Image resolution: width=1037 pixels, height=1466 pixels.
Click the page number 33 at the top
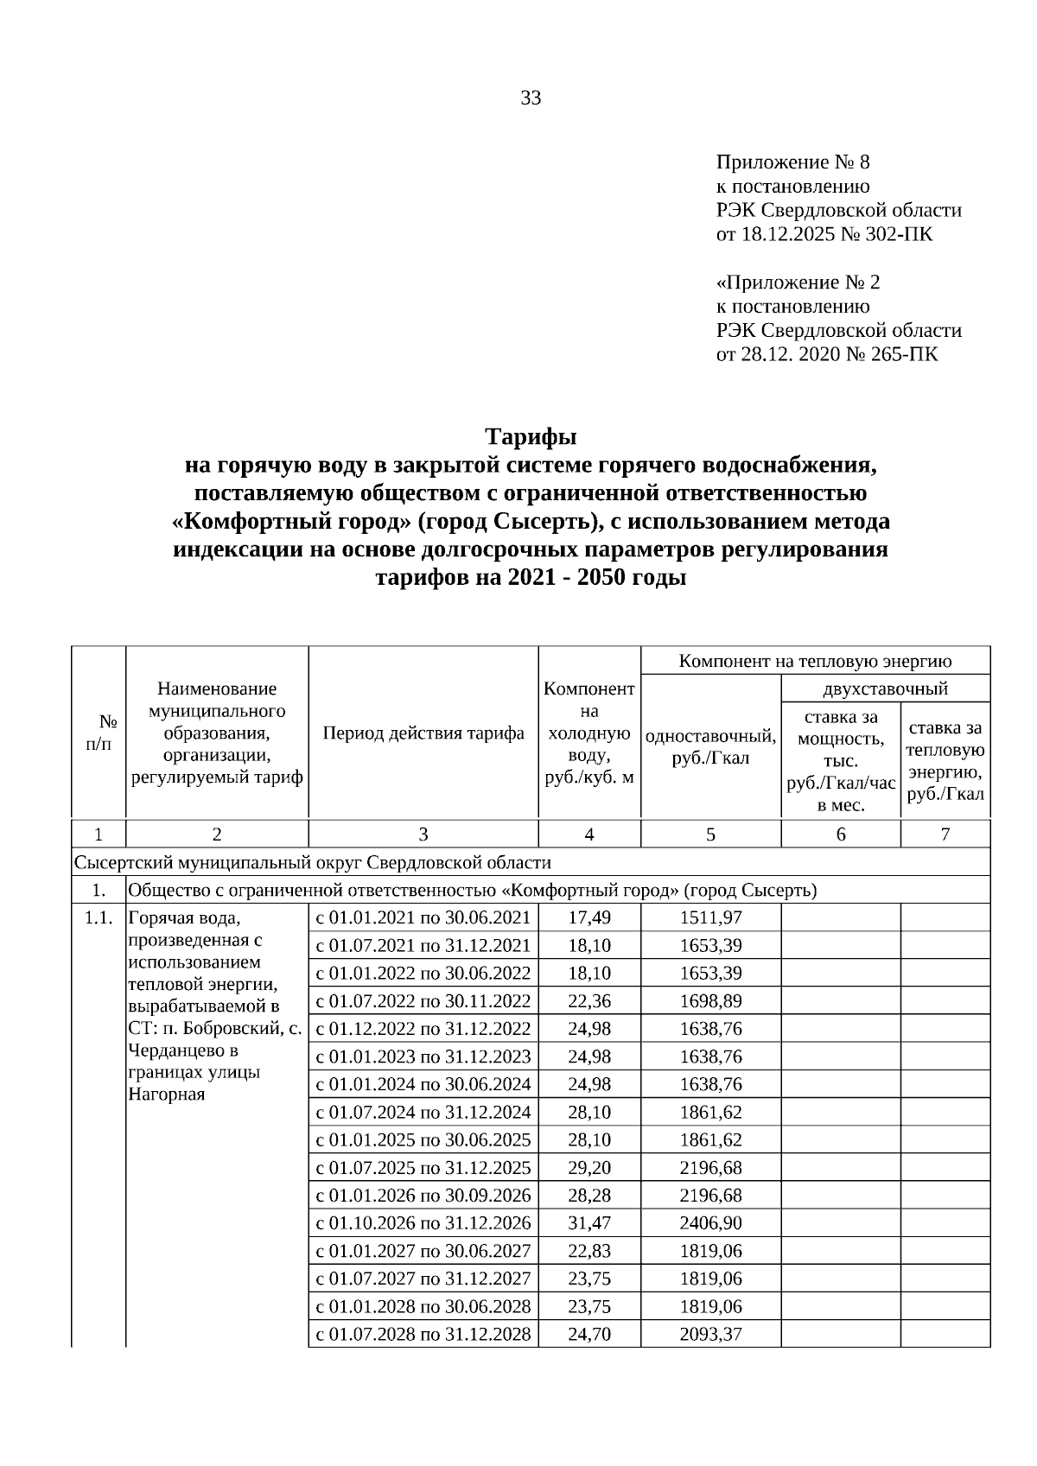pos(531,98)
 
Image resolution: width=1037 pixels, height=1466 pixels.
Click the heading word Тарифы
pos(531,435)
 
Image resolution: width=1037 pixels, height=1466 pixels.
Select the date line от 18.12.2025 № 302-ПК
pos(824,234)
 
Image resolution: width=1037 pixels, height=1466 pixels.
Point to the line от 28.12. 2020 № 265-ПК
pos(826,354)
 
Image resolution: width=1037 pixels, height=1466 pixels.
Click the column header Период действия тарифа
pos(423,733)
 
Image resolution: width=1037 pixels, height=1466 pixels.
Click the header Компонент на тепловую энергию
pos(815,662)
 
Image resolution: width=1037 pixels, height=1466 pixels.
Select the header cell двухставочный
pos(885,689)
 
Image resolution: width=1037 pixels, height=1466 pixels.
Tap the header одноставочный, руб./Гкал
pos(710,747)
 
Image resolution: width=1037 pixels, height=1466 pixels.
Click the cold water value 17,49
pos(589,917)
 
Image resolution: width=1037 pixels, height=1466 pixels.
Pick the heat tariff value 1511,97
pos(710,917)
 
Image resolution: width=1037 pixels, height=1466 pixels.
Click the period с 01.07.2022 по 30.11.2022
pos(423,1001)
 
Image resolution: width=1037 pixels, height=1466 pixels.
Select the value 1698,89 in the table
pos(710,1001)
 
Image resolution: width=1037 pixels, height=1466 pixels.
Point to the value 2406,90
pos(710,1223)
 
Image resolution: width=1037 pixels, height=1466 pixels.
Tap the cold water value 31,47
pos(589,1223)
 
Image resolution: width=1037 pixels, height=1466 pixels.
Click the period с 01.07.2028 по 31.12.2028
pos(423,1334)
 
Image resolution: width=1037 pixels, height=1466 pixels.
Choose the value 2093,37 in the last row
pos(710,1334)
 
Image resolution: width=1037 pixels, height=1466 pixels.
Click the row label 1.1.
pos(99,917)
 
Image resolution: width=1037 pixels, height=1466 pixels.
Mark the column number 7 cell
pos(945,835)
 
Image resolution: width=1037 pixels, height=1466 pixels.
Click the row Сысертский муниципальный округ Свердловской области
pos(313,862)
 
